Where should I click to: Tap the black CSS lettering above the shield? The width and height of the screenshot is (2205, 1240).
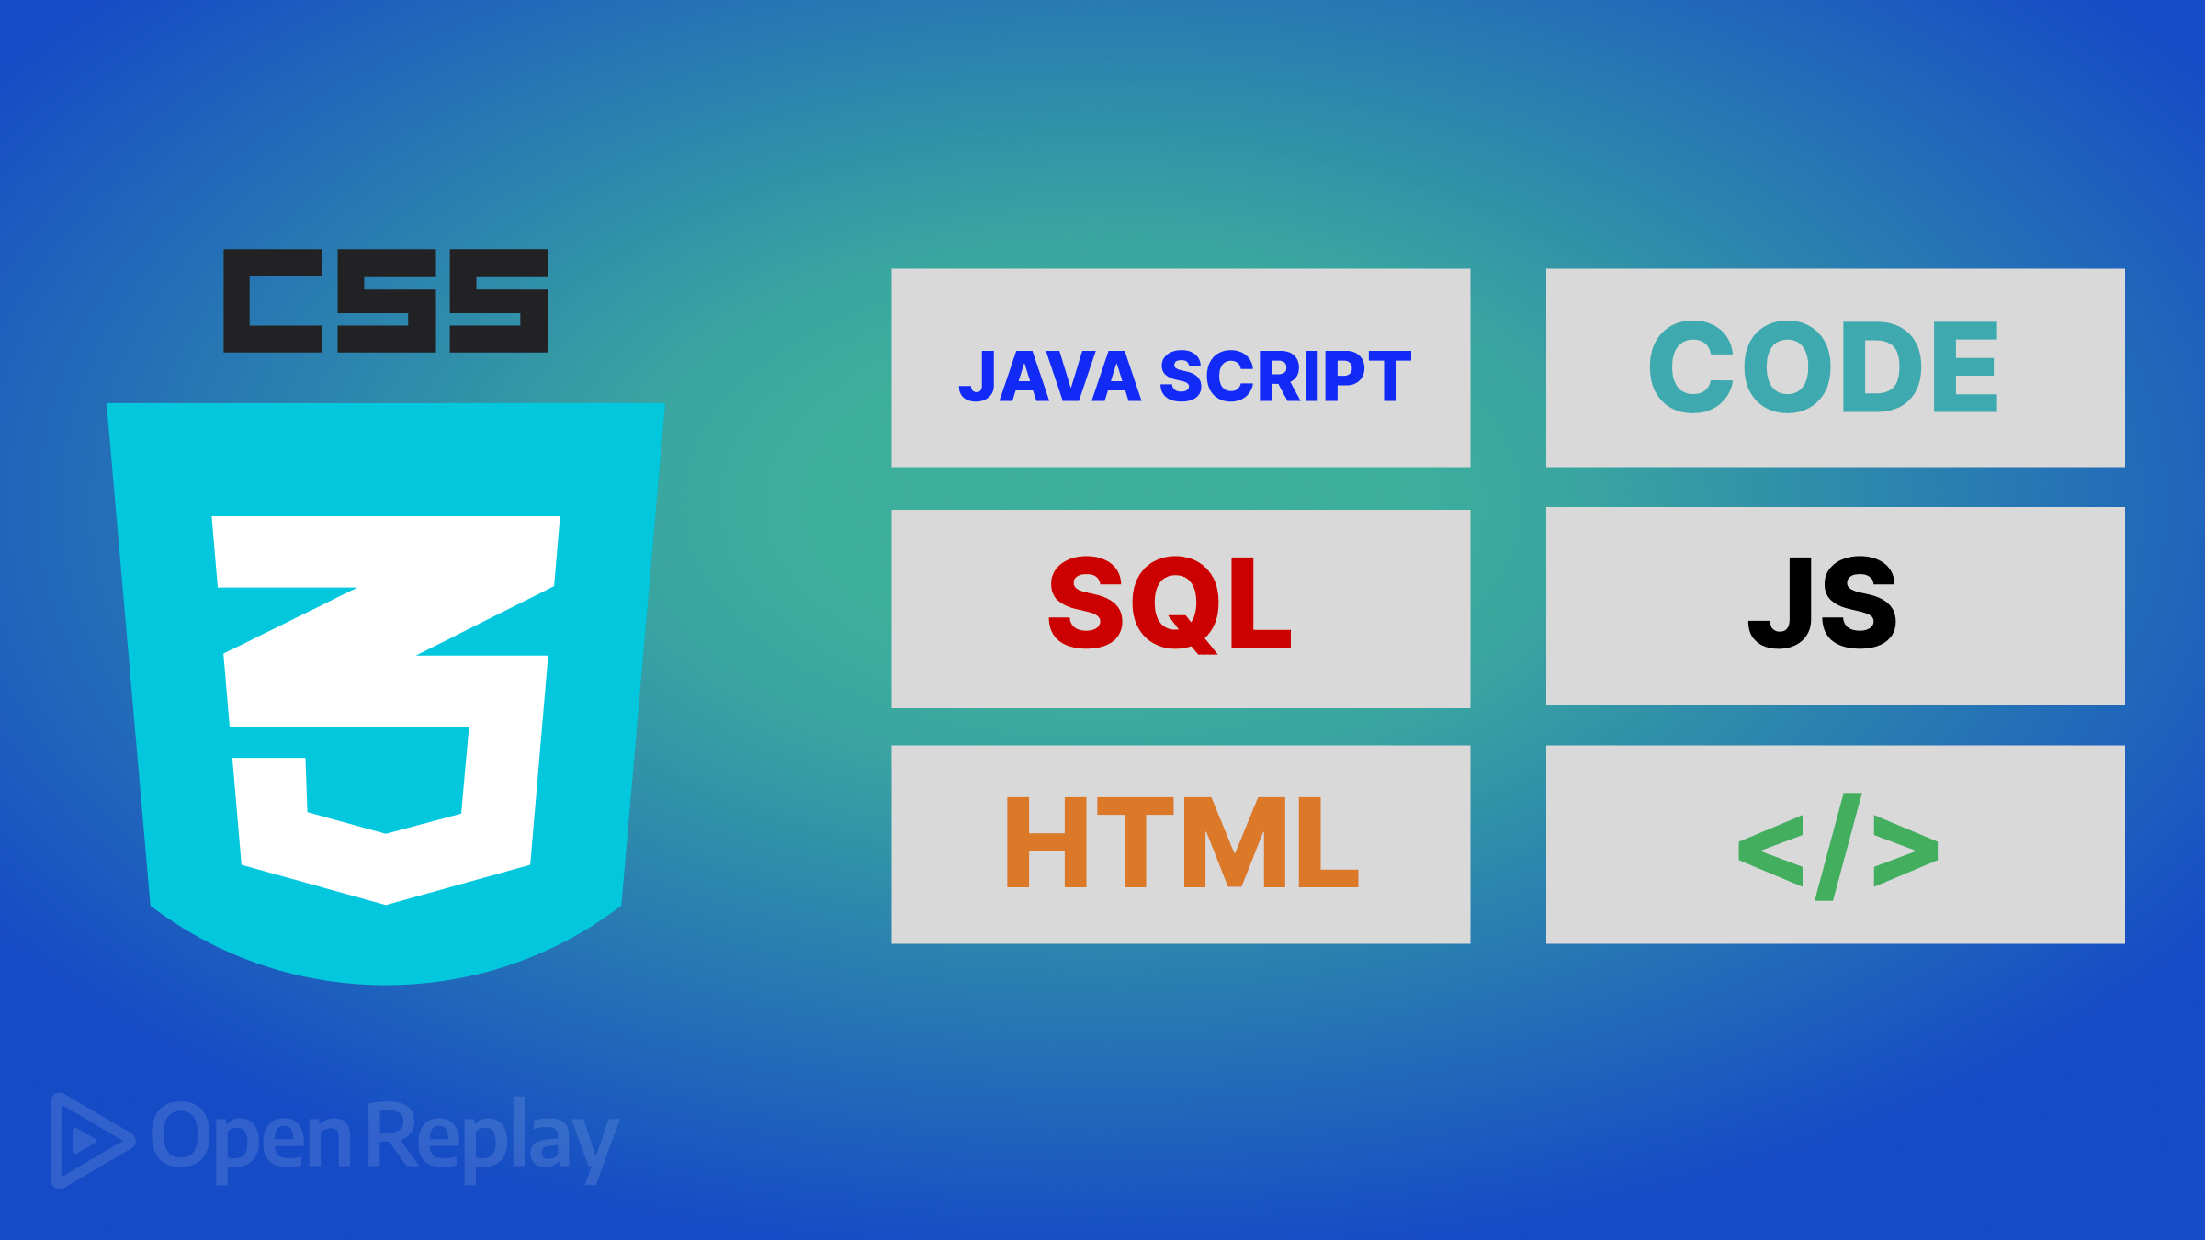386,300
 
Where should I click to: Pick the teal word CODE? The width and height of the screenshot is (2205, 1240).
1823,366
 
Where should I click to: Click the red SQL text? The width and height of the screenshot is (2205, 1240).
1170,603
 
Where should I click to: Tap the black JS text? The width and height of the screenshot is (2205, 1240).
1822,603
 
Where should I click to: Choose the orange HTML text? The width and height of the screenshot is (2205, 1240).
1182,842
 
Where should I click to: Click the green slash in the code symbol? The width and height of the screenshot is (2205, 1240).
1837,847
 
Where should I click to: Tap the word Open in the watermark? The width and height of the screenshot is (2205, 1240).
250,1137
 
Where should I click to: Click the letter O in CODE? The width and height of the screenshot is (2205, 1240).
1787,366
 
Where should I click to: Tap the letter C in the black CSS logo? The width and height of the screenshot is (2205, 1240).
273,300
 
